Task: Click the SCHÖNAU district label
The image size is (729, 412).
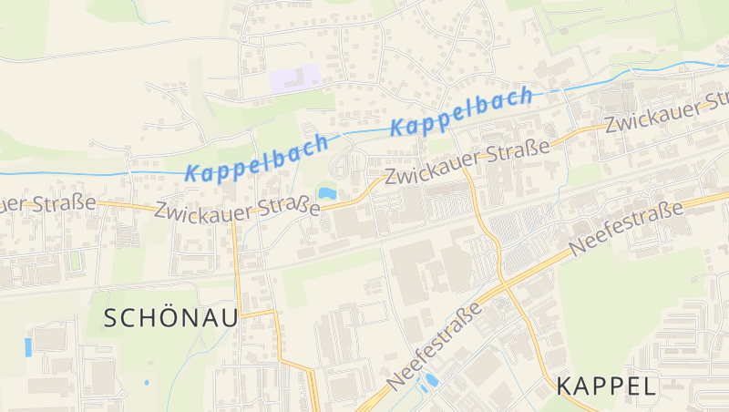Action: [x=170, y=318]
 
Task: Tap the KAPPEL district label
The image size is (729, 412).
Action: [x=606, y=386]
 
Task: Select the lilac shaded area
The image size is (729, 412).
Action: [x=293, y=77]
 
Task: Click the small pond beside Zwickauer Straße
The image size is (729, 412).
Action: [x=326, y=193]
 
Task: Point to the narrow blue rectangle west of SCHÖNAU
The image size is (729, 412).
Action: [x=27, y=347]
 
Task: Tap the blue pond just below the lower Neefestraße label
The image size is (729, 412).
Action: [x=431, y=379]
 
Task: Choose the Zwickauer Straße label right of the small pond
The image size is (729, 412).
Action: [x=467, y=161]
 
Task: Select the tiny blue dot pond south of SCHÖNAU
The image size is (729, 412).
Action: [x=147, y=383]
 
